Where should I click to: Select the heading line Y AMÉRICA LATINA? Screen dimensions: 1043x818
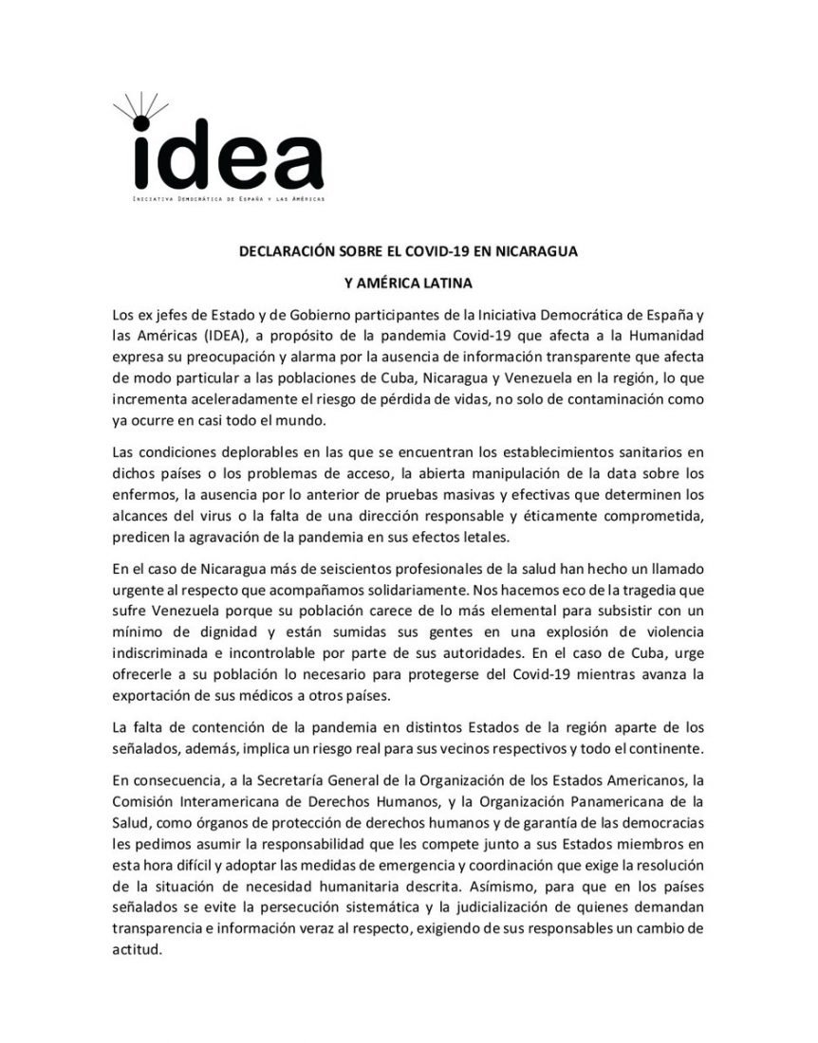409,283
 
